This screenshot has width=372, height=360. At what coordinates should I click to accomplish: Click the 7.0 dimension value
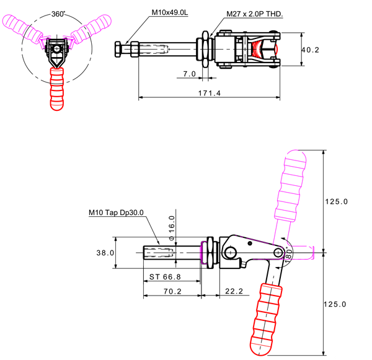coord(190,73)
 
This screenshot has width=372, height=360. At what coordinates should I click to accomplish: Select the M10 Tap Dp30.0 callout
coord(115,213)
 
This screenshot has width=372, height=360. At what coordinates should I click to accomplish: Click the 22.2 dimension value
coord(234,291)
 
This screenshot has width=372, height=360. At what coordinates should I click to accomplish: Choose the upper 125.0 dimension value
coord(337,201)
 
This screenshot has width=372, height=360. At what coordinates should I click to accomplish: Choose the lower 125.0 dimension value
coord(337,304)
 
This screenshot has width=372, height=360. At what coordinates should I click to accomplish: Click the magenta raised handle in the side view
coord(290,186)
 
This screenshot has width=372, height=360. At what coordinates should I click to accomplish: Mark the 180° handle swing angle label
coord(288,254)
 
